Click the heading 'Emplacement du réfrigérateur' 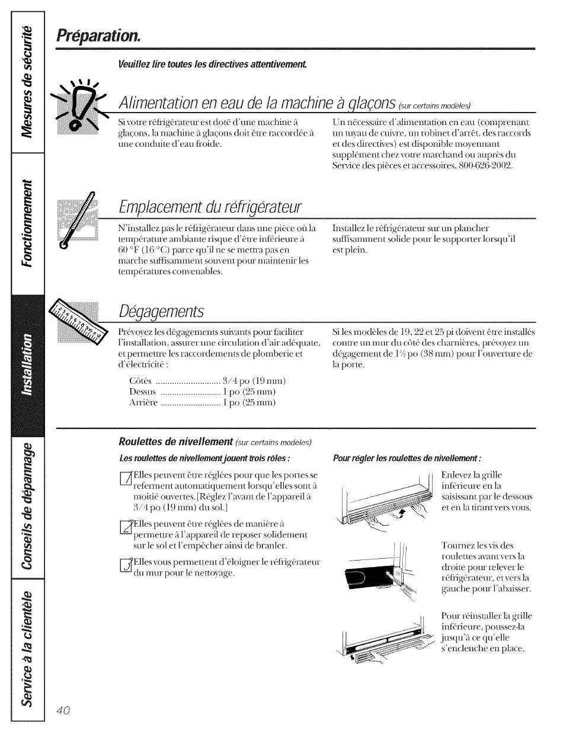pos(210,208)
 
